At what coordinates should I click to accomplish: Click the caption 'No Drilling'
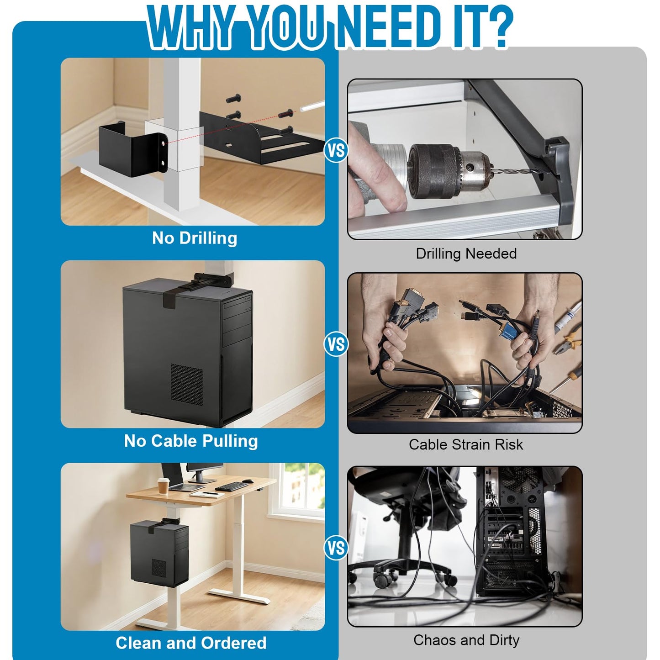pos(195,238)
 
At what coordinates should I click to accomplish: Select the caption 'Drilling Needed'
pos(466,254)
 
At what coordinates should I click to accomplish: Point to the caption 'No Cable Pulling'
pos(191,441)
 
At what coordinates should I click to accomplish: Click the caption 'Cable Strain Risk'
pos(466,444)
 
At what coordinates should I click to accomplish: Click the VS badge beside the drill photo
pos(336,150)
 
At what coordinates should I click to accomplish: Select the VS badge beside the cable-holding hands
pos(336,344)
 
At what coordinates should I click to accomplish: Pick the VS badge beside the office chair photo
pos(336,548)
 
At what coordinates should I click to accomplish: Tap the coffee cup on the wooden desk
pos(163,486)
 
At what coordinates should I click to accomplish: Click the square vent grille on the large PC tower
pos(186,383)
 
